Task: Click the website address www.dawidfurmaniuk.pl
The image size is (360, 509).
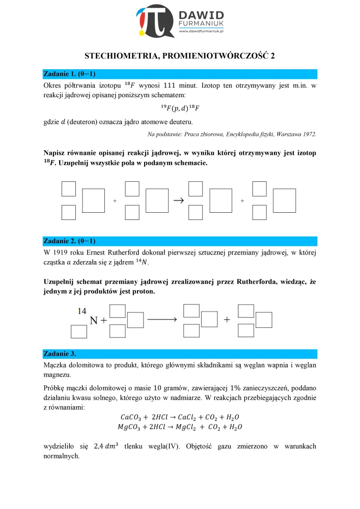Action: point(203,31)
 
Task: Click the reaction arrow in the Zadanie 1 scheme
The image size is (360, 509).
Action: point(178,201)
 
